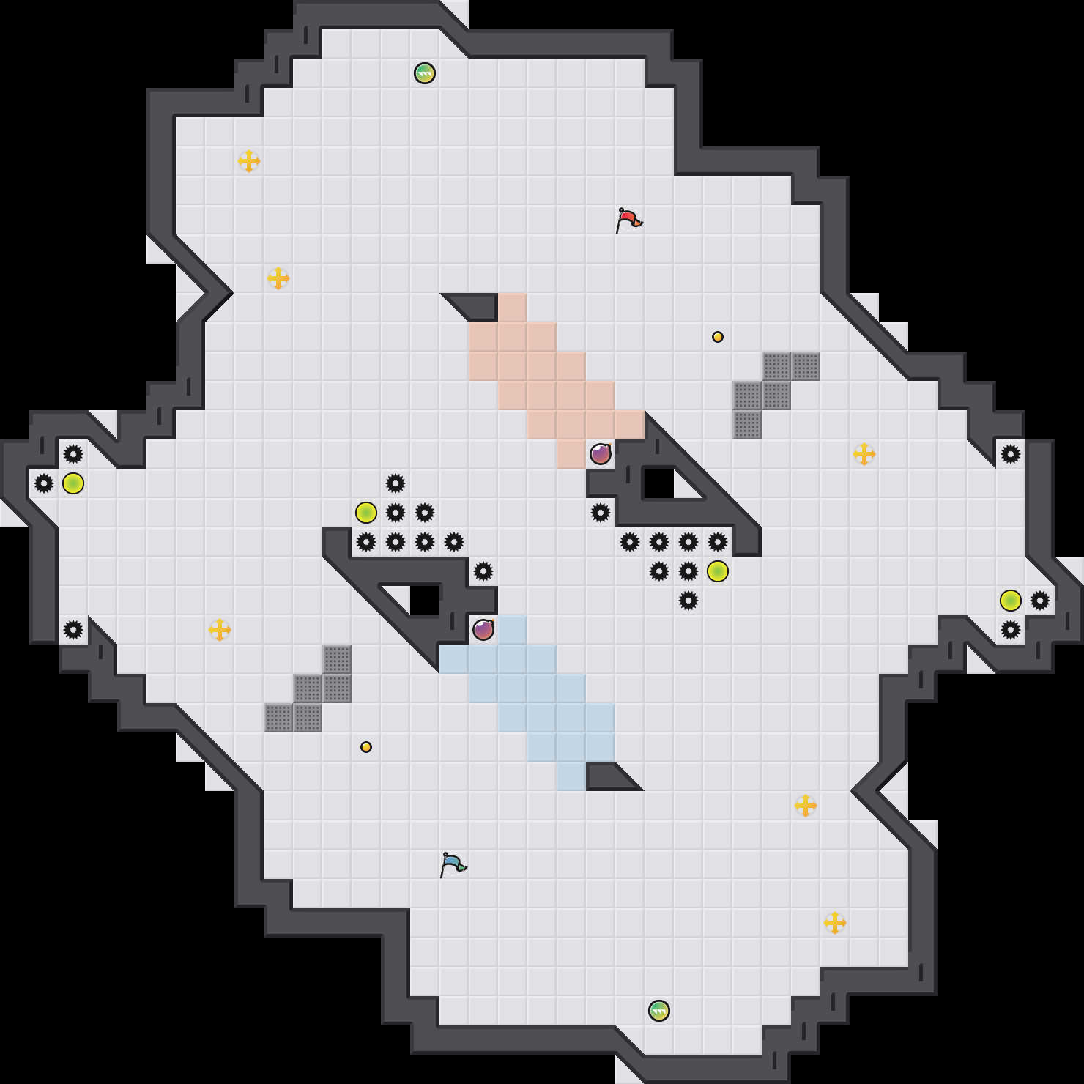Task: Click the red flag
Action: pos(628,219)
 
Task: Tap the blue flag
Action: pos(453,864)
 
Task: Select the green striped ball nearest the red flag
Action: pos(425,73)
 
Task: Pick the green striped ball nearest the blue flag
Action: pos(659,1011)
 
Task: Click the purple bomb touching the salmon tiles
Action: pos(601,454)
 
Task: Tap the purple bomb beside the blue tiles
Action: pos(483,630)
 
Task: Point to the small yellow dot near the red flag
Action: pos(718,337)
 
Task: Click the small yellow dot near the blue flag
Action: pos(366,747)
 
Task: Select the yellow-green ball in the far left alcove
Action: pos(73,483)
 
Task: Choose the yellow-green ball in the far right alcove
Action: pos(1011,601)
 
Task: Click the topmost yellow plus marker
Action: pos(249,161)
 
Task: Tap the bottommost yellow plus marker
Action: pos(835,923)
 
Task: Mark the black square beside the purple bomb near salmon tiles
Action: pos(658,483)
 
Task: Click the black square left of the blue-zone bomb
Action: pos(425,601)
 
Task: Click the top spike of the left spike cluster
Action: pos(396,483)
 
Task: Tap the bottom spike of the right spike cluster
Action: pos(688,601)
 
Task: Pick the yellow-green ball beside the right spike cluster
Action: pos(718,571)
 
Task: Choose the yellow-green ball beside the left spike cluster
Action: pos(366,513)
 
